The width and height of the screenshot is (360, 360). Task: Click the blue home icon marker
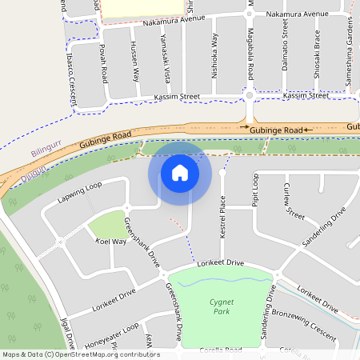click(x=180, y=173)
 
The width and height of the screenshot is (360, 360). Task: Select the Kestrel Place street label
click(x=224, y=221)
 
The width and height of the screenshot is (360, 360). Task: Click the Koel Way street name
click(x=111, y=241)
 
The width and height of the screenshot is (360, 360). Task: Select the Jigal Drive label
click(x=66, y=334)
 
